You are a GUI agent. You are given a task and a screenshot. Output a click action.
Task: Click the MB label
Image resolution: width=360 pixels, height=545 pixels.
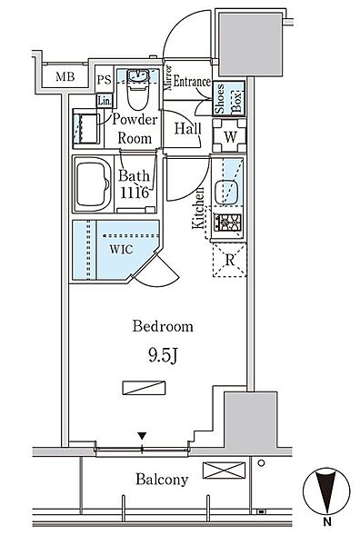tap(65, 77)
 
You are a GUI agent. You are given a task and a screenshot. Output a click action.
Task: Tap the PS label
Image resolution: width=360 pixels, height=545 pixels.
tap(104, 80)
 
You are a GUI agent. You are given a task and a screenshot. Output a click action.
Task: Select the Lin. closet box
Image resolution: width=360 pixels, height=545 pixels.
tap(105, 101)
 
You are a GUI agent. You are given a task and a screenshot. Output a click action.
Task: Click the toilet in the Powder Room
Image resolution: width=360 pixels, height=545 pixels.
tap(138, 89)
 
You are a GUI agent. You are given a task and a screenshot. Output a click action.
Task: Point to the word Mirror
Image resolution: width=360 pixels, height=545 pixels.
tap(169, 78)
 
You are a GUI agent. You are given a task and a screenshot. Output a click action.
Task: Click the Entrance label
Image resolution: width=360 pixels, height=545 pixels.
tap(192, 82)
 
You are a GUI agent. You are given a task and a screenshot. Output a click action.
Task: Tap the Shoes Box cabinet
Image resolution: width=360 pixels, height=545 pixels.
tap(229, 98)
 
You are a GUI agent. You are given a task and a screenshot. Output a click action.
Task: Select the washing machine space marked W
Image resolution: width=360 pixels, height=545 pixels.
tap(230, 135)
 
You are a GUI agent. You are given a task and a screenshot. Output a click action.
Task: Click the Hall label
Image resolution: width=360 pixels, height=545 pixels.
tap(188, 129)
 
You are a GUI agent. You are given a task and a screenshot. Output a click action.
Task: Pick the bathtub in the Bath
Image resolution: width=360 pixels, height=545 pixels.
tap(94, 184)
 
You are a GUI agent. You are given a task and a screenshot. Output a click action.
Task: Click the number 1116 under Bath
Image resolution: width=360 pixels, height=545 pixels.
tap(135, 193)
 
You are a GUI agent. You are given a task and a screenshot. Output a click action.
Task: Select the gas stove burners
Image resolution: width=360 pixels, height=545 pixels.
tap(228, 223)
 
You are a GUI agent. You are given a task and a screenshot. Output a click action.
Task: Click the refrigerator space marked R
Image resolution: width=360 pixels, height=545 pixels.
tap(230, 260)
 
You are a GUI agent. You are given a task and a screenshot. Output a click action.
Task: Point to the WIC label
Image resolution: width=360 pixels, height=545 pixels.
tap(121, 249)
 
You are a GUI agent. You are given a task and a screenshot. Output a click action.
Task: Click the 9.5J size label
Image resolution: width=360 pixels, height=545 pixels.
tap(164, 355)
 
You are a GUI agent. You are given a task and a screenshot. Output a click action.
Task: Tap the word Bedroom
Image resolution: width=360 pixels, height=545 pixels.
tap(163, 326)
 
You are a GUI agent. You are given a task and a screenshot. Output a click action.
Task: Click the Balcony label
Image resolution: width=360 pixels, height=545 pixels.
tap(162, 480)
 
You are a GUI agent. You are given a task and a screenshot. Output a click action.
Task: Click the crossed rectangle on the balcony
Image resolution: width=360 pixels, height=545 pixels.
tap(224, 471)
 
